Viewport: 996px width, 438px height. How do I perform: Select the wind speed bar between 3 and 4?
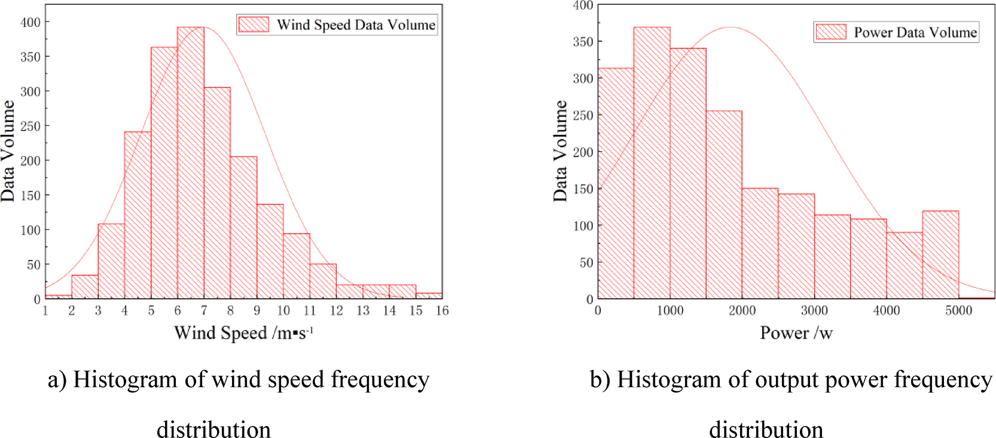tap(111, 261)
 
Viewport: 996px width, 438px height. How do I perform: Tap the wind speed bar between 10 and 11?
tap(297, 266)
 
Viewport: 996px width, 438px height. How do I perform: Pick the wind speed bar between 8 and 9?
tap(243, 227)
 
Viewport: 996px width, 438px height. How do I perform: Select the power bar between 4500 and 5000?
tap(940, 255)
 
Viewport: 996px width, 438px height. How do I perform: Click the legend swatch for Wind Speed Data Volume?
tap(253, 24)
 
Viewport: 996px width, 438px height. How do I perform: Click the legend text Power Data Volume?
tap(915, 32)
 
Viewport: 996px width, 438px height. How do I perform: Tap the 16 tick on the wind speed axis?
tap(442, 311)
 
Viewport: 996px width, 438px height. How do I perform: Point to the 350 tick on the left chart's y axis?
tap(30, 57)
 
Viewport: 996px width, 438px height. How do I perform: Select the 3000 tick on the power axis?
tap(814, 311)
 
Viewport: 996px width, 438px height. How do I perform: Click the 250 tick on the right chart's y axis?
tap(583, 115)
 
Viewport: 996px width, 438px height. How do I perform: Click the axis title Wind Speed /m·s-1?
tap(243, 333)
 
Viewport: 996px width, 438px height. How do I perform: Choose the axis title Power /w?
tap(796, 333)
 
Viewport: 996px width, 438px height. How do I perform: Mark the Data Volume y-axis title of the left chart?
tap(8, 151)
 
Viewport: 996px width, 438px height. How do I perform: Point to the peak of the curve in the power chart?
tap(731, 27)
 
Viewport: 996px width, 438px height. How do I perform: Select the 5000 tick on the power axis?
tap(958, 311)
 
